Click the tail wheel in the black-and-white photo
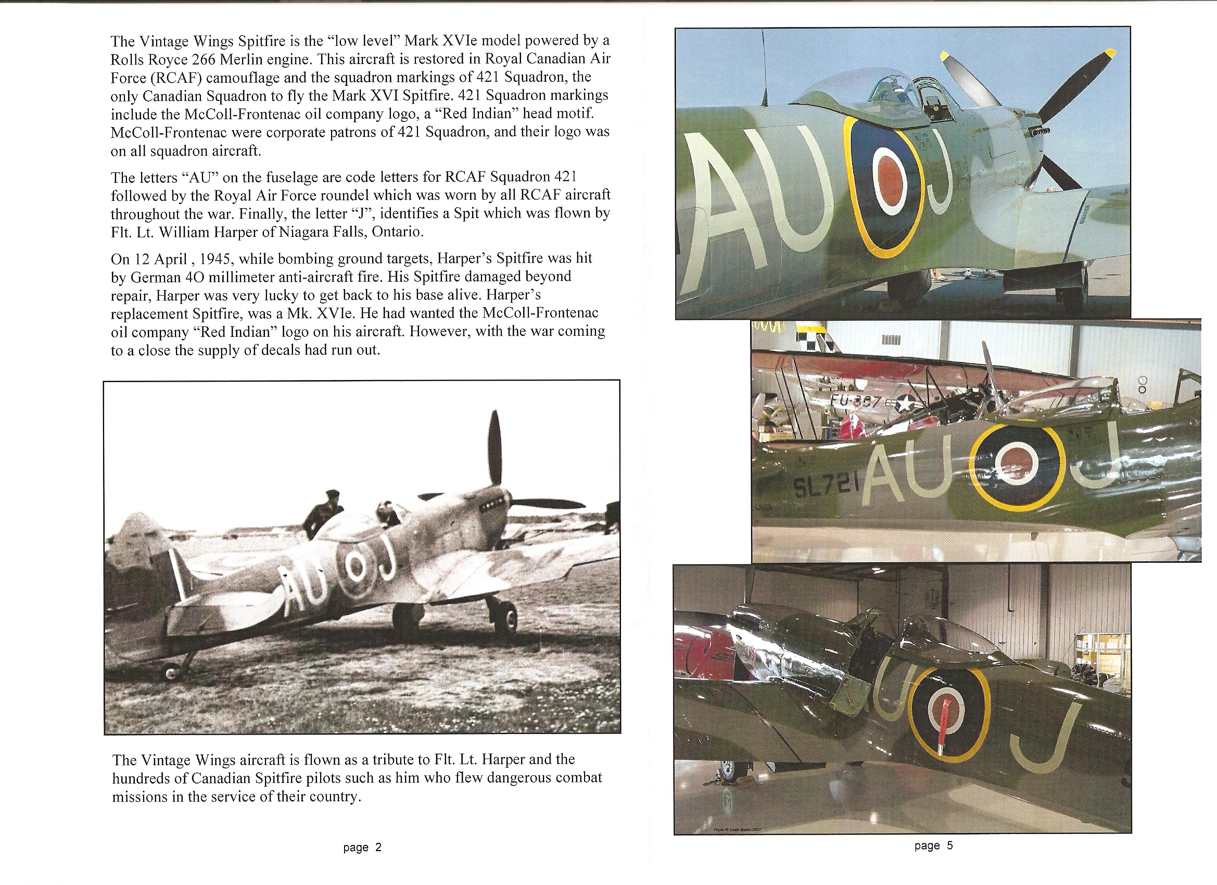pyautogui.click(x=172, y=672)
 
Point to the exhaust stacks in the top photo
pyautogui.click(x=1041, y=132)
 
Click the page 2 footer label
pyautogui.click(x=362, y=848)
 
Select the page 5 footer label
pyautogui.click(x=934, y=846)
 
